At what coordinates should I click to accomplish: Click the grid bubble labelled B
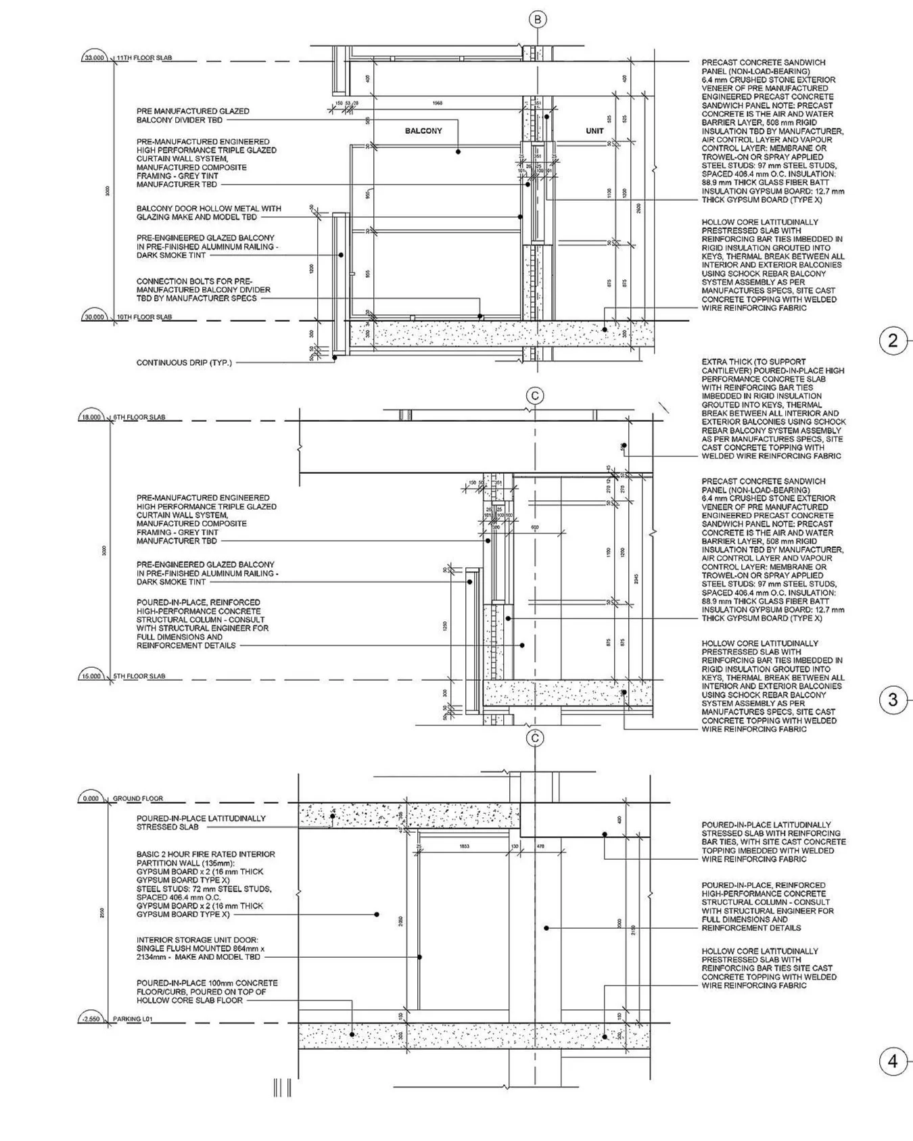click(538, 20)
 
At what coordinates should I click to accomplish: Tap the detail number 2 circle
click(893, 341)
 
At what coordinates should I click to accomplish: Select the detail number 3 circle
click(893, 700)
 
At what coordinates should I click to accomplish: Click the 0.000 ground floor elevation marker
click(91, 798)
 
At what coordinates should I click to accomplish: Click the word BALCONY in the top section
click(423, 130)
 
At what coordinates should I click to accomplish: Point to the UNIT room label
click(594, 130)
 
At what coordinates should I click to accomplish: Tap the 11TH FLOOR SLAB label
click(144, 58)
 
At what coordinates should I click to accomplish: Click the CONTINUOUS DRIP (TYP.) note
click(184, 363)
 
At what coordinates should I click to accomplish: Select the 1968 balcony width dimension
click(437, 103)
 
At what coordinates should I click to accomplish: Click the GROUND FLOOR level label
click(138, 798)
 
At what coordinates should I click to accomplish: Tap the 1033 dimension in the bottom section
click(464, 846)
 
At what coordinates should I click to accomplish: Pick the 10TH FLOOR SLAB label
click(144, 317)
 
